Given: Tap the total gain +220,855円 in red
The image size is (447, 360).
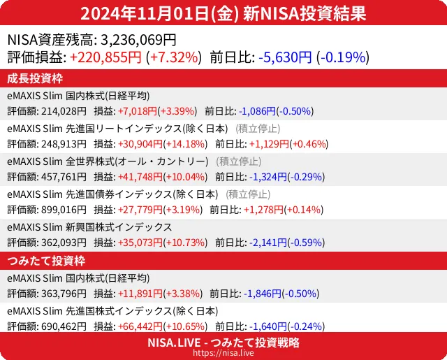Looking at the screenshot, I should click(105, 57).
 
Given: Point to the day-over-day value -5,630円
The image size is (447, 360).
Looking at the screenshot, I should click(285, 57).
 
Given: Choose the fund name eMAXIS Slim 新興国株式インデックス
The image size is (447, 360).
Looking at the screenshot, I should click(89, 227).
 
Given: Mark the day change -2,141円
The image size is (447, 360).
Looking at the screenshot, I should click(263, 243).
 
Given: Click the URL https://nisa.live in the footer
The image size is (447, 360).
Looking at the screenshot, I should click(223, 353).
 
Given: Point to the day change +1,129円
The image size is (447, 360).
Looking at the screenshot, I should click(263, 144).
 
